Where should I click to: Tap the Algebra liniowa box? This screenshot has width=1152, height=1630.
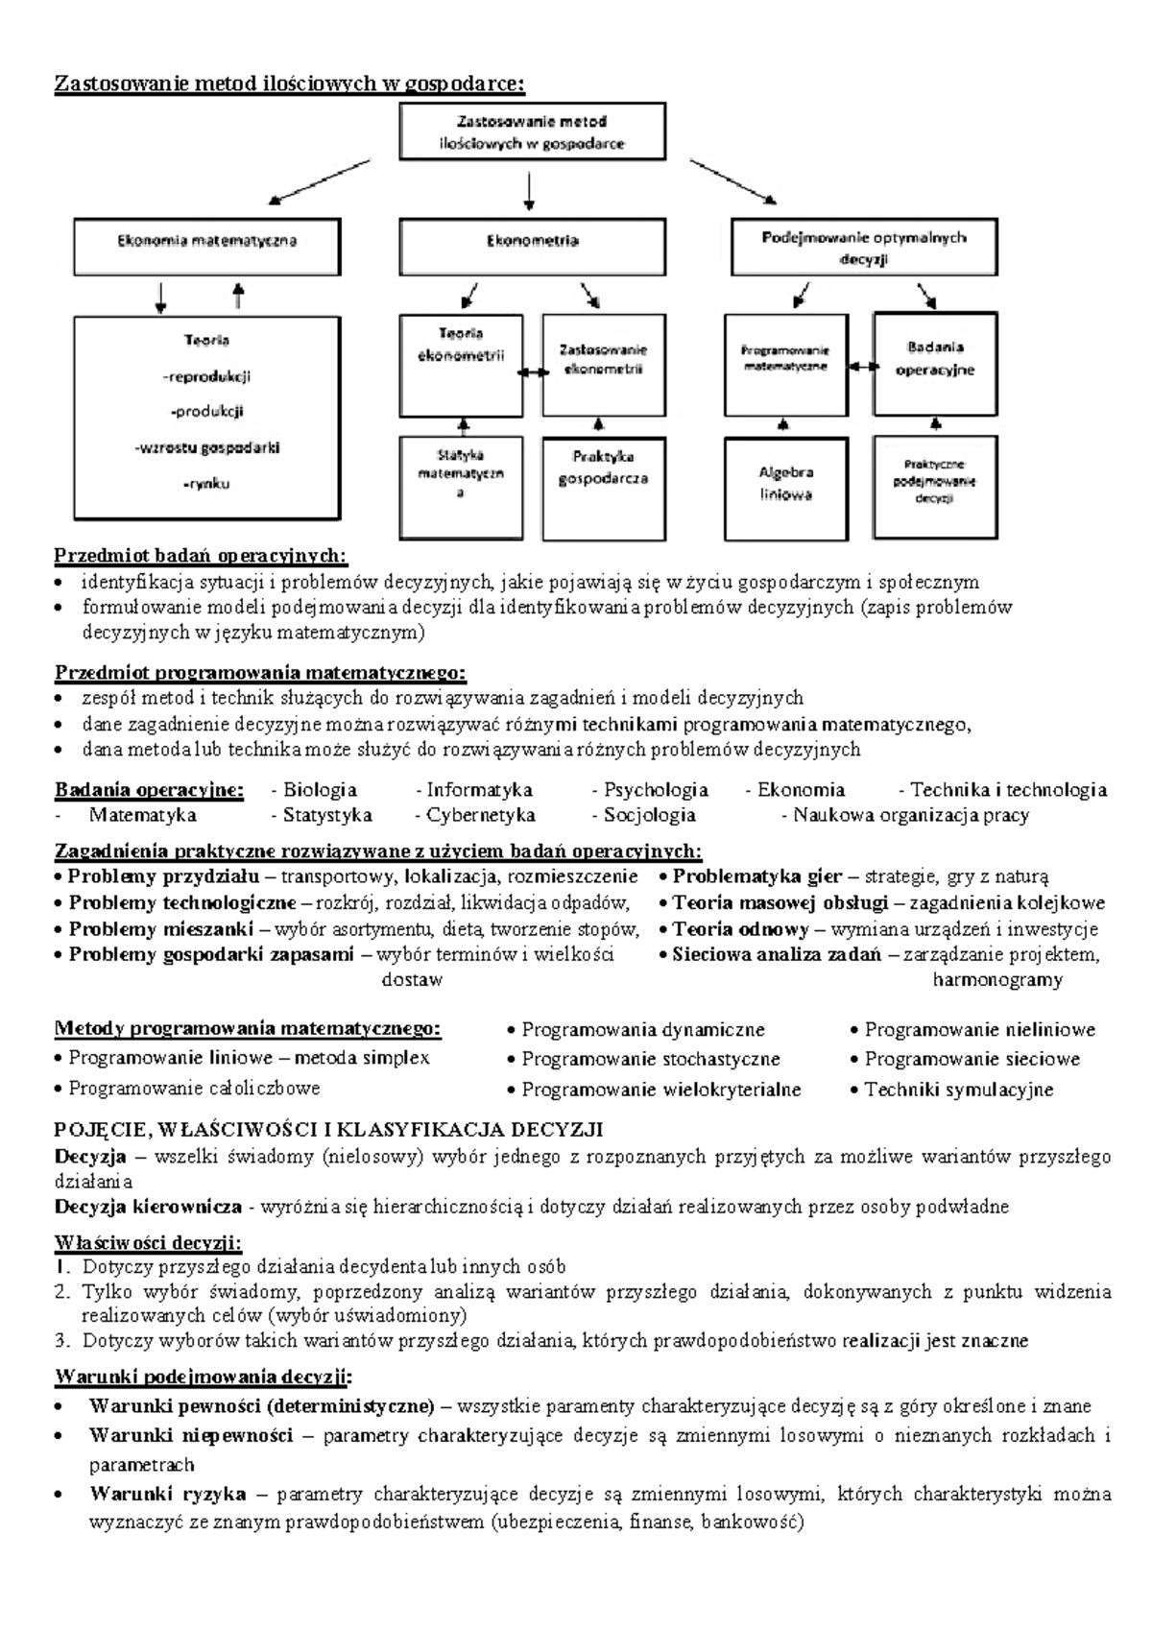point(785,488)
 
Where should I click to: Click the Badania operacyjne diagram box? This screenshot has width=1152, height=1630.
point(935,363)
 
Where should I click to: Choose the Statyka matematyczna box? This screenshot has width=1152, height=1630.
point(461,488)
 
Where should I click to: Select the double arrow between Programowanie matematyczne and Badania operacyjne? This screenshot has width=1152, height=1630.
point(861,367)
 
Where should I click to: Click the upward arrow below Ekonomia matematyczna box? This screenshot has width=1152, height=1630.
point(239,296)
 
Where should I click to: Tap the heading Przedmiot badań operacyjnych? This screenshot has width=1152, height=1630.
point(201,556)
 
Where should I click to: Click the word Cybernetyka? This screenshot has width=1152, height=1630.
point(481,815)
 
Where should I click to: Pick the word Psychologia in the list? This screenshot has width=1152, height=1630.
point(656,790)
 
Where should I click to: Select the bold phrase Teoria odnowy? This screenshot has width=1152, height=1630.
point(740,929)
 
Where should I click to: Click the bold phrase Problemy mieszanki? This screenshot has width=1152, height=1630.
point(160,929)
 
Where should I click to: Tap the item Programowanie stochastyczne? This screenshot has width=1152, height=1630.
point(650,1059)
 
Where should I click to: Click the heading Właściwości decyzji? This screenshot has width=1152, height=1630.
point(148,1243)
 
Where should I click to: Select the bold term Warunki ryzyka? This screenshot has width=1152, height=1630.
point(167,1494)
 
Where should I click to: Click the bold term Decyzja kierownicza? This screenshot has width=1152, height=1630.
point(148,1207)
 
